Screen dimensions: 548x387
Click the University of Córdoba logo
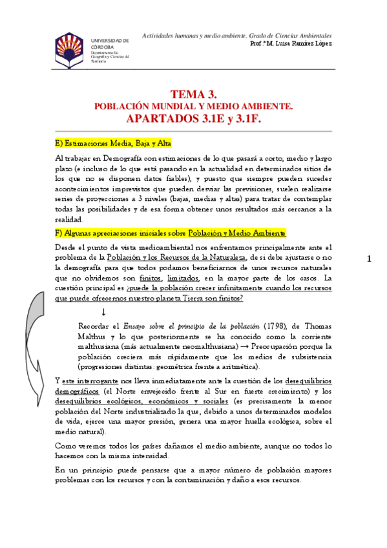click(69, 50)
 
